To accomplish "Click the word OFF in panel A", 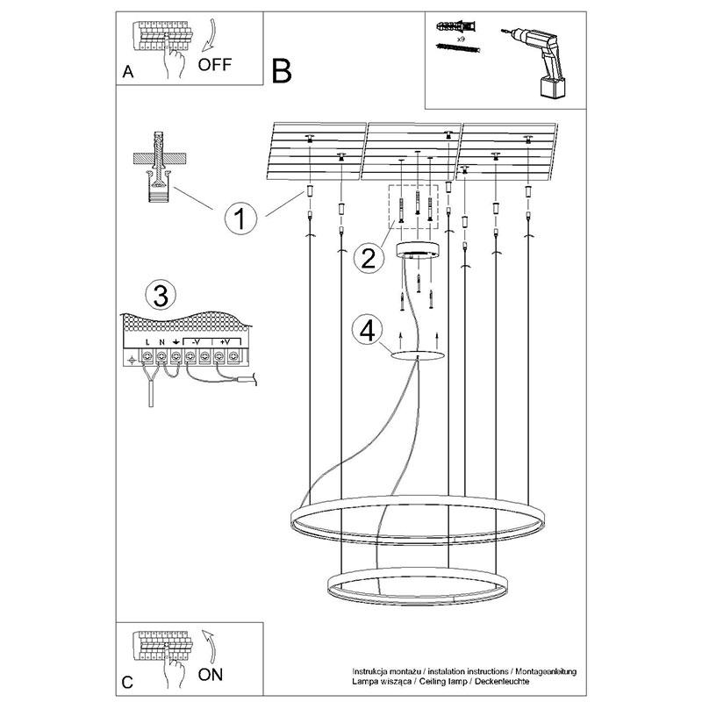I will point(215,64).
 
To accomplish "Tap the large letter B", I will point(281,69).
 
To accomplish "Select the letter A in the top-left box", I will point(128,74).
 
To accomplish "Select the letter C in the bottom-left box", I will point(128,682).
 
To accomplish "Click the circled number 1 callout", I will point(241,217).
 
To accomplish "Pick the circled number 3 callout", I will point(158,295).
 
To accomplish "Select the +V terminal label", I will point(225,340).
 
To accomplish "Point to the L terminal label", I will point(147,340).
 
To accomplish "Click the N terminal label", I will point(161,340).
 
